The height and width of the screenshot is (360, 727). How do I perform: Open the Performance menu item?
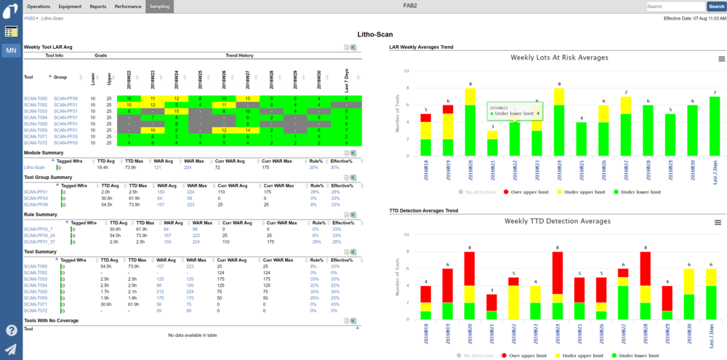[128, 6]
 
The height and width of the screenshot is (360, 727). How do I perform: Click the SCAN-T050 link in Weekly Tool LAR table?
[35, 98]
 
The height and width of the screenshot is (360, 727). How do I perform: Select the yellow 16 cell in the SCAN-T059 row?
[153, 129]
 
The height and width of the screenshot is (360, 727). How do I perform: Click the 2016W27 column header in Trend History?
[247, 77]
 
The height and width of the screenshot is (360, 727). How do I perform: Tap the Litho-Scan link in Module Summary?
[35, 167]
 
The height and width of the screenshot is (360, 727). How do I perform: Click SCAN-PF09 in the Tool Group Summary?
[36, 205]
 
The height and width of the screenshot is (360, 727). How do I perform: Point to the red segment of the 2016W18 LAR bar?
[425, 117]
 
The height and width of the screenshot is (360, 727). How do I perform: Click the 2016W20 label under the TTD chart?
[470, 335]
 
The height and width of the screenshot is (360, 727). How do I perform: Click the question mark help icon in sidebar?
[11, 330]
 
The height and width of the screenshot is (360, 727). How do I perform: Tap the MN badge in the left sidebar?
[11, 51]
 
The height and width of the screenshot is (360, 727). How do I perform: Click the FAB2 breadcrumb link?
[30, 17]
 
